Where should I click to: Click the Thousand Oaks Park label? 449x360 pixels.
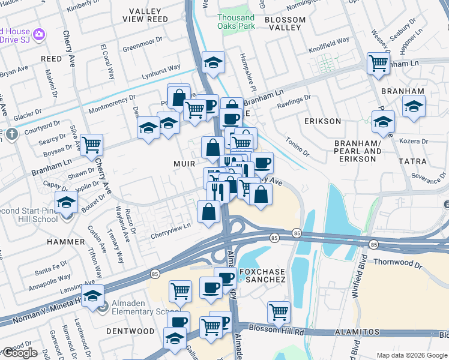tap(236, 22)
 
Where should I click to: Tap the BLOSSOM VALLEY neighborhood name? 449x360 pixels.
tap(285, 24)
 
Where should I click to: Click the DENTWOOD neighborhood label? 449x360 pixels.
tap(130, 331)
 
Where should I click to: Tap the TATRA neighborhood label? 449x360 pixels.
tap(412, 161)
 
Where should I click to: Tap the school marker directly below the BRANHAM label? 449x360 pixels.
tap(413, 106)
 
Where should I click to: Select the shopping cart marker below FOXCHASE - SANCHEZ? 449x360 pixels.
tap(279, 311)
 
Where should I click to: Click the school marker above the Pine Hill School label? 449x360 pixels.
tap(67, 201)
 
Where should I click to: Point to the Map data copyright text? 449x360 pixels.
tap(412, 355)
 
